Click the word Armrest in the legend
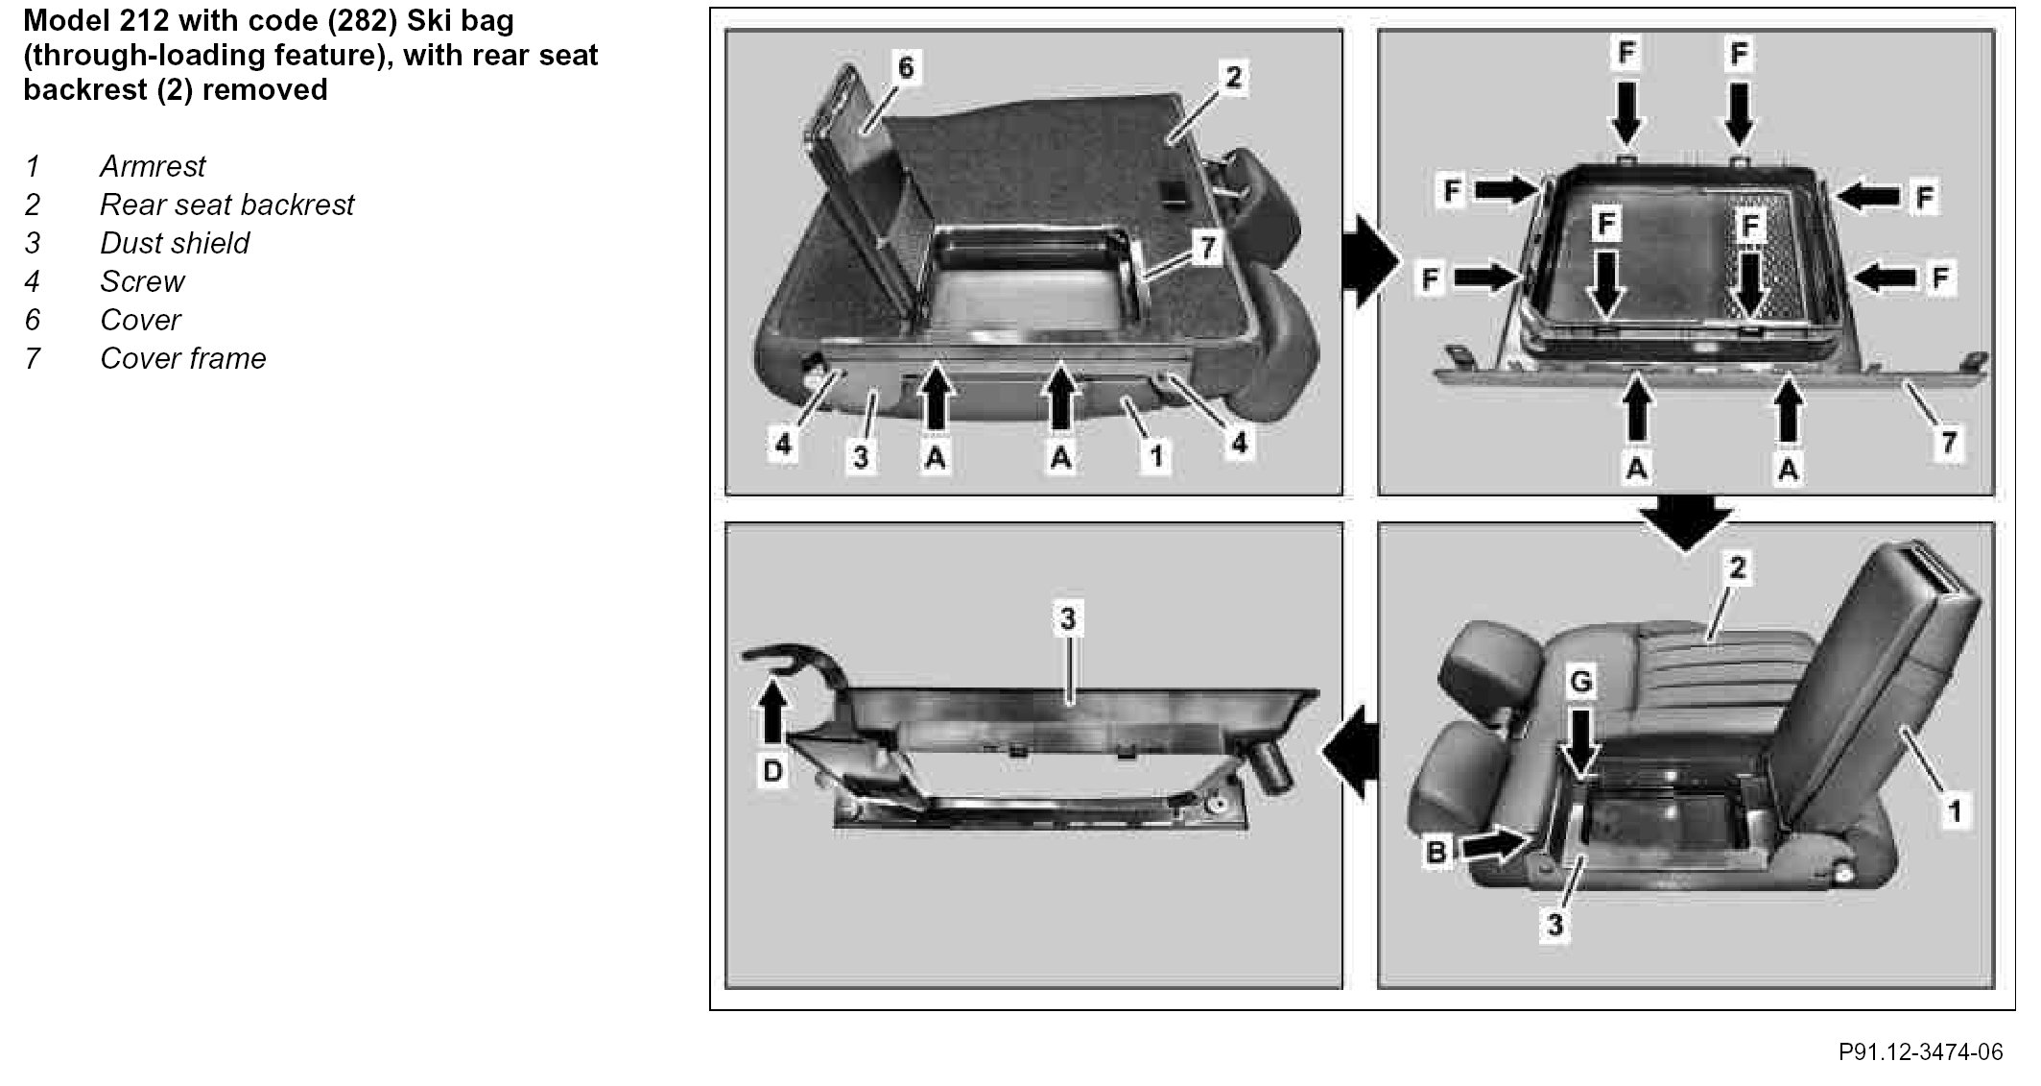tap(153, 166)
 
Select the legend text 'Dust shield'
tap(175, 243)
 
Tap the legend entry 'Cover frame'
tap(182, 358)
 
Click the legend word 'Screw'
tap(142, 281)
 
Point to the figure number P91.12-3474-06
tap(1920, 1051)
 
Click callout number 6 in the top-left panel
tap(906, 67)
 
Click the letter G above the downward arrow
tap(1580, 683)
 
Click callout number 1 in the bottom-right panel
tap(1955, 811)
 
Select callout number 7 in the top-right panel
tap(1948, 443)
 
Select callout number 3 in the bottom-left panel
tap(1068, 619)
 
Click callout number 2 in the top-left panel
tap(1233, 77)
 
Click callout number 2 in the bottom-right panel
tap(1737, 568)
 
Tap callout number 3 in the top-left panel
tap(861, 457)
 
